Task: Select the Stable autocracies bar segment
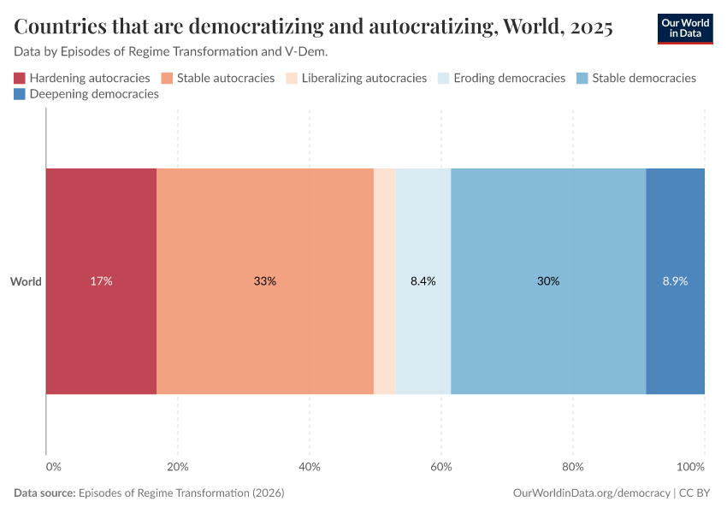pyautogui.click(x=265, y=239)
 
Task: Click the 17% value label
pyautogui.click(x=101, y=281)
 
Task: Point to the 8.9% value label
pyautogui.click(x=675, y=281)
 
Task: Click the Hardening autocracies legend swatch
pyautogui.click(x=20, y=79)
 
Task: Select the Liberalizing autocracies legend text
pyautogui.click(x=363, y=79)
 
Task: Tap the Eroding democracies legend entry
pyautogui.click(x=503, y=79)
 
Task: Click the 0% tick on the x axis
pyautogui.click(x=53, y=467)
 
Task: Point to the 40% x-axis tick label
pyautogui.click(x=310, y=467)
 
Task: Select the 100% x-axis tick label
pyautogui.click(x=690, y=467)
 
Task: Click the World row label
pyautogui.click(x=26, y=281)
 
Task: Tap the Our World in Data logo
pyautogui.click(x=686, y=27)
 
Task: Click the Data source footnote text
pyautogui.click(x=149, y=493)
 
